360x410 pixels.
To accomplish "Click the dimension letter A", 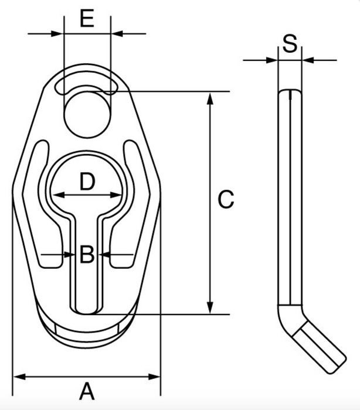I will (87, 391).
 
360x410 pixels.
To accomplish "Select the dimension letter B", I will (86, 255).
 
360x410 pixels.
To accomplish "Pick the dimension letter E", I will (87, 19).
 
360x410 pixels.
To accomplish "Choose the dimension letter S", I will (289, 44).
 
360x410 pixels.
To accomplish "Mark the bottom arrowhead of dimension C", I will (209, 309).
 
